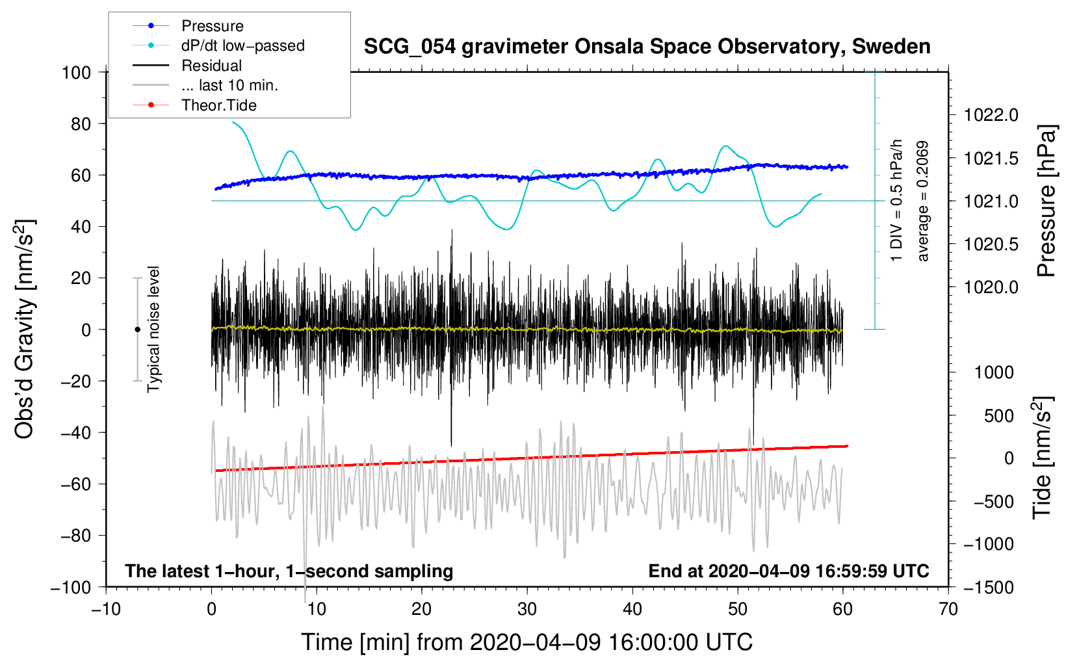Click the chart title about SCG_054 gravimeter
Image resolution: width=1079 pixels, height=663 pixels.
pyautogui.click(x=647, y=47)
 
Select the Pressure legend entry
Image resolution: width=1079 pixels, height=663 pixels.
pyautogui.click(x=213, y=26)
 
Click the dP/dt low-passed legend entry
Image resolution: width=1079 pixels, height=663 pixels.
pyautogui.click(x=242, y=45)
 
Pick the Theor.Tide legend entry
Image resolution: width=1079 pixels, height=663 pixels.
pyautogui.click(x=219, y=105)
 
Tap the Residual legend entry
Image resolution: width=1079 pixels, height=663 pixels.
pyautogui.click(x=211, y=66)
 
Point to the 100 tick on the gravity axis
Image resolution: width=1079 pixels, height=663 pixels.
pyautogui.click(x=76, y=72)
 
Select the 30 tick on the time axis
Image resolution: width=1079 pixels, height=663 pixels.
pyautogui.click(x=527, y=609)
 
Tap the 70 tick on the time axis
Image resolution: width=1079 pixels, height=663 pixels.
pyautogui.click(x=948, y=609)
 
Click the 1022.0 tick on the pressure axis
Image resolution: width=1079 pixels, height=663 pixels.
pyautogui.click(x=991, y=116)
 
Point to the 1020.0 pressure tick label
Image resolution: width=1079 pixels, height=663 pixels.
pyautogui.click(x=991, y=287)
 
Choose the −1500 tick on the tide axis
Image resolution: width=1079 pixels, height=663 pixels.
pyautogui.click(x=989, y=587)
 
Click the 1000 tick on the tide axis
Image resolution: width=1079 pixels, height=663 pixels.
pyautogui.click(x=994, y=372)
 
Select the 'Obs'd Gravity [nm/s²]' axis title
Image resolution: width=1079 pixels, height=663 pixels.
pyautogui.click(x=25, y=330)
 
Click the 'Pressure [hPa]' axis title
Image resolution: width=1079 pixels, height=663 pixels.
pyautogui.click(x=1046, y=201)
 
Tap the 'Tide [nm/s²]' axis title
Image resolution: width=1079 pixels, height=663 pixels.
pyautogui.click(x=1043, y=458)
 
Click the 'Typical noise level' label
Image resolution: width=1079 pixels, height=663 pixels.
pyautogui.click(x=153, y=329)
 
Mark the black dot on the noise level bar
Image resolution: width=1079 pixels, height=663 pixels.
pyautogui.click(x=137, y=330)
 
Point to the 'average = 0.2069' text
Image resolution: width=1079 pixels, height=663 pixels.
pyautogui.click(x=922, y=201)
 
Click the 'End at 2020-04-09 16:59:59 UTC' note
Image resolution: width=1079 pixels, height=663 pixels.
pyautogui.click(x=788, y=571)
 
